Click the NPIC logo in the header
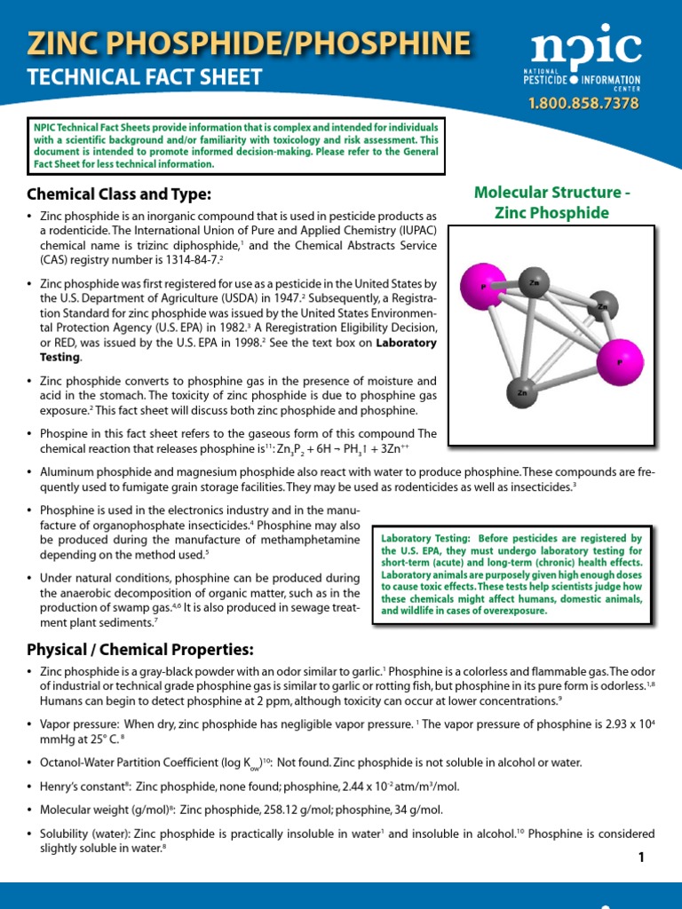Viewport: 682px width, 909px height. [x=585, y=59]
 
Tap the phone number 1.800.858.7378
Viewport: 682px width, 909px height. [x=583, y=104]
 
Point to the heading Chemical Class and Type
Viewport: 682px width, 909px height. [x=119, y=194]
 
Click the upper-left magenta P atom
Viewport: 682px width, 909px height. [x=481, y=288]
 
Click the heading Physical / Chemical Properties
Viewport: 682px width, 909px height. [x=140, y=649]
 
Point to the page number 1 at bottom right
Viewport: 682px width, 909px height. [x=639, y=857]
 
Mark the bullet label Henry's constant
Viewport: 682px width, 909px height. [x=84, y=786]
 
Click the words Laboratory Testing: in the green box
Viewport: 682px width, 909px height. [x=421, y=539]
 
